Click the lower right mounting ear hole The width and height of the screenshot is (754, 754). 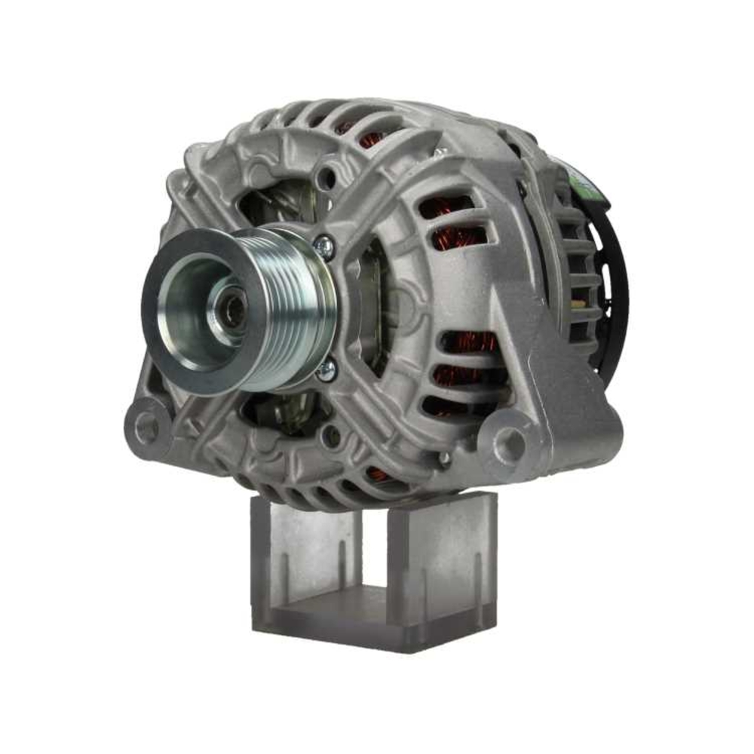click(510, 443)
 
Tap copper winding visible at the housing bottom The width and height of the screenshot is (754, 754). click(377, 474)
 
